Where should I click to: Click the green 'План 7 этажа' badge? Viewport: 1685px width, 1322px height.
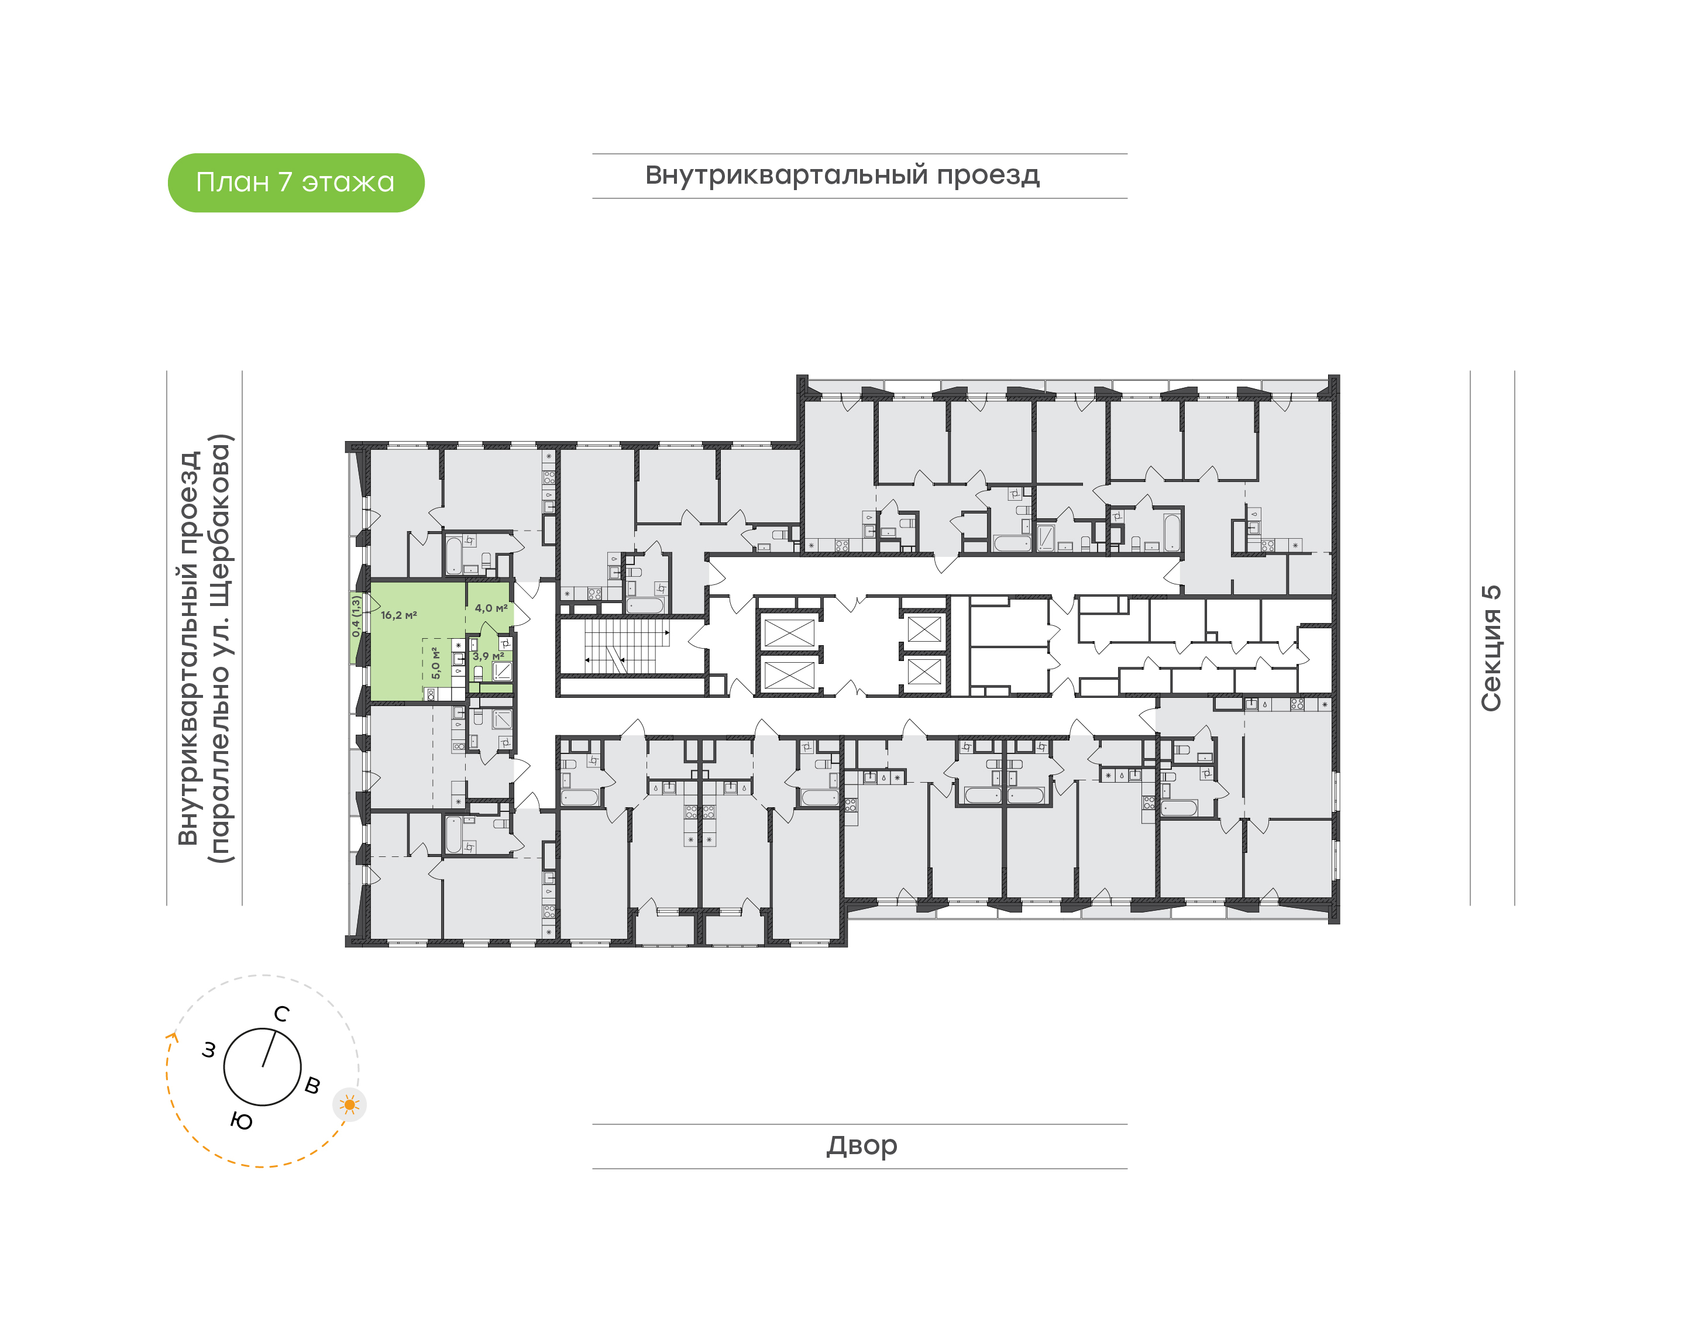point(295,183)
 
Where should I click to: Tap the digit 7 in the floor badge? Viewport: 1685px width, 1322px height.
point(285,182)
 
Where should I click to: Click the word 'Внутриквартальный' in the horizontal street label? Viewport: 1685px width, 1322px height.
point(786,175)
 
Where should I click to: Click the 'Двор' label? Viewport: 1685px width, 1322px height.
point(861,1145)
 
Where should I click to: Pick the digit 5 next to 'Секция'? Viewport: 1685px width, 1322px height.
point(1491,593)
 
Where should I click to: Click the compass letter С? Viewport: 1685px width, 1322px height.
point(282,1014)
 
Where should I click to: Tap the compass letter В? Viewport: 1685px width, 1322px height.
point(312,1085)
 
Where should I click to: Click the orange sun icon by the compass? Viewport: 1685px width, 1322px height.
point(350,1104)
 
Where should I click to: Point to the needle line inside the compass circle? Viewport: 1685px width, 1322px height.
point(269,1049)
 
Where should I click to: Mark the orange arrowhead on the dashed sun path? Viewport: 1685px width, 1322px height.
point(173,1038)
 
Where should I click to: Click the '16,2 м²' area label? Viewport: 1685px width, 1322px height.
point(398,615)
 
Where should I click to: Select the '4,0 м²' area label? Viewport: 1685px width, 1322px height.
point(491,608)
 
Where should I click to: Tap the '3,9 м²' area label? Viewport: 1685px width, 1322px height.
point(487,656)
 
